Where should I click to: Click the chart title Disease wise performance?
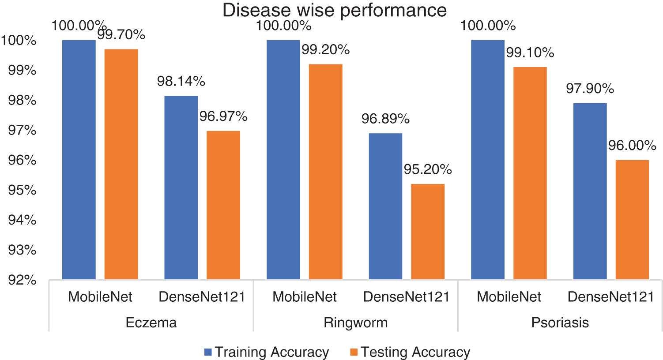coord(334,10)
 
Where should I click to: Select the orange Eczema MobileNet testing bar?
coord(121,164)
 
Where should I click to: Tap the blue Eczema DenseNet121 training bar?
coord(181,187)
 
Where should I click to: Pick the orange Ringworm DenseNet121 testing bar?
coord(427,231)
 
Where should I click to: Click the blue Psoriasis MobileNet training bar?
coord(487,159)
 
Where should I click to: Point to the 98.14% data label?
coord(181,81)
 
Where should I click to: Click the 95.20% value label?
coord(427,169)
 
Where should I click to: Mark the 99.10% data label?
coord(530,52)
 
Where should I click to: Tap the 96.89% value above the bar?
coord(385,119)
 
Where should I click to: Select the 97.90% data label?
coord(590,89)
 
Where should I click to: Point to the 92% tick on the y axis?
coord(22,280)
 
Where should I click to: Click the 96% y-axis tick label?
coord(22,160)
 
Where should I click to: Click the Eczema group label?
coord(151,322)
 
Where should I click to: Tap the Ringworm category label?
coord(355,322)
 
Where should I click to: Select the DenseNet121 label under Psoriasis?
coord(610,297)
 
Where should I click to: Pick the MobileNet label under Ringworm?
coord(304,297)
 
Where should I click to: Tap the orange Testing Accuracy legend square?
coord(354,352)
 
